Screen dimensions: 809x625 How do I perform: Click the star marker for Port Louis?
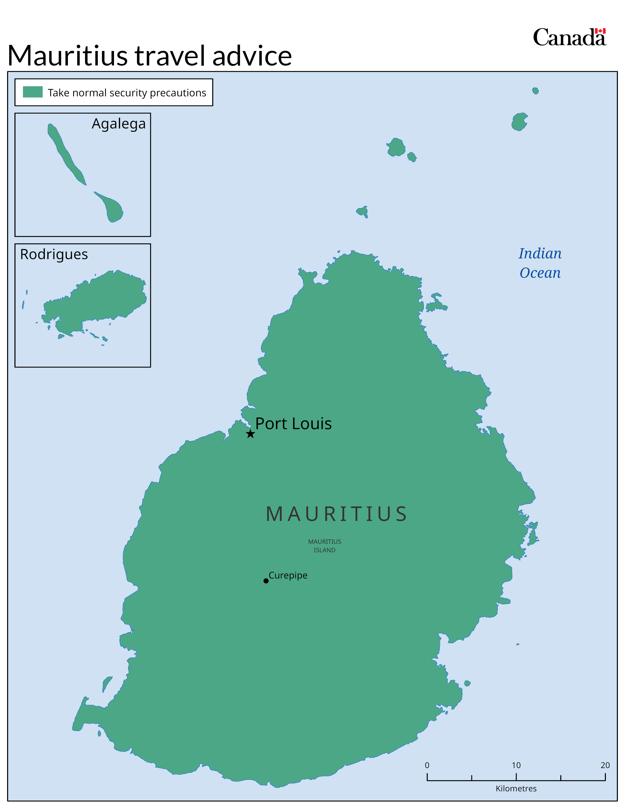coord(250,434)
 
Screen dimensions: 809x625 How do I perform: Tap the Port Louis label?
coord(293,423)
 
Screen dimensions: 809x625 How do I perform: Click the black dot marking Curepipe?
coord(266,581)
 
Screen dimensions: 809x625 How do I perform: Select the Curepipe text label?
coord(288,575)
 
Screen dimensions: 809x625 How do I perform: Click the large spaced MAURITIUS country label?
coord(337,514)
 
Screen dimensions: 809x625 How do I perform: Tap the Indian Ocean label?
coord(540,263)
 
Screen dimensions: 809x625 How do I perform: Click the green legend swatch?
coord(33,92)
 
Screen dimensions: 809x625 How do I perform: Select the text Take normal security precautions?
coord(127,93)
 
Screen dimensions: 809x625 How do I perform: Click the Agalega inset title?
coord(118,124)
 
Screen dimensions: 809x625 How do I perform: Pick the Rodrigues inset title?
coord(54,254)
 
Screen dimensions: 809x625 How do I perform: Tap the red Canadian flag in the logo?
coord(600,31)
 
